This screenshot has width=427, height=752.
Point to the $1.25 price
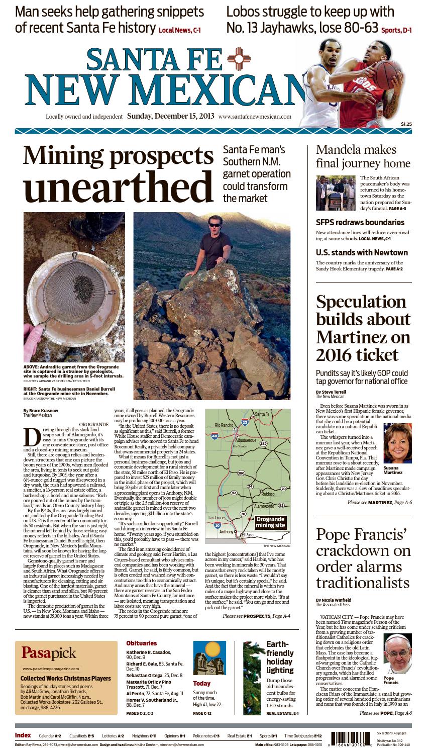[406, 124]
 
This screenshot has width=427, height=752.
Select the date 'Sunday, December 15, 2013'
[171, 116]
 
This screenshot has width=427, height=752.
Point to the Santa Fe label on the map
[262, 414]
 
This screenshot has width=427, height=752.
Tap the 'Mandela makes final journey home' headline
[356, 156]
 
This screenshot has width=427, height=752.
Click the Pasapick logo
[49, 653]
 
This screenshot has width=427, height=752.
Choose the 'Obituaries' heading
[141, 643]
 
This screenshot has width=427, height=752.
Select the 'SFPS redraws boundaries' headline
[360, 222]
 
